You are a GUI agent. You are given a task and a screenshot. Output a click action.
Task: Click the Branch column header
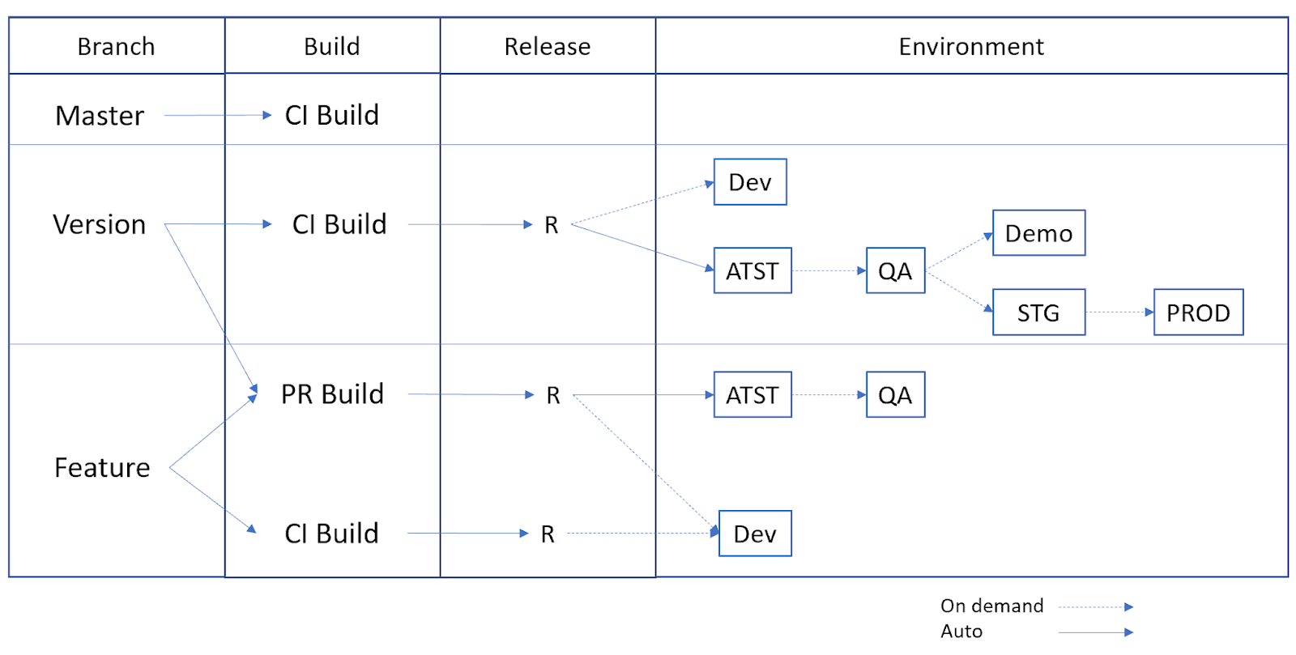click(x=116, y=47)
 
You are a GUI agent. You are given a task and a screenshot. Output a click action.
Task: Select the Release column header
click(x=547, y=47)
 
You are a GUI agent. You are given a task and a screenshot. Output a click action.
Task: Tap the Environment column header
click(x=970, y=47)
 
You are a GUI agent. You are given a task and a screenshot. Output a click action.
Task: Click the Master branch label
click(x=100, y=116)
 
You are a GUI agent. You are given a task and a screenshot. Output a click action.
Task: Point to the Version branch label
click(x=100, y=224)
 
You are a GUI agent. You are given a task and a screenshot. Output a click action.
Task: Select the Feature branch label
click(x=102, y=468)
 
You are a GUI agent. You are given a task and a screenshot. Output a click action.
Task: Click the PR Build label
click(x=332, y=394)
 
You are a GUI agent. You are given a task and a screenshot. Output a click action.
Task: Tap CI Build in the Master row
click(x=331, y=115)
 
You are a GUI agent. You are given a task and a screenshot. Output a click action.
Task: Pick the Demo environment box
click(x=1038, y=233)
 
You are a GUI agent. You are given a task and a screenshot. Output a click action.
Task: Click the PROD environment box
click(x=1197, y=313)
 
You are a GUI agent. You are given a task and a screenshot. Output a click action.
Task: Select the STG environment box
click(x=1038, y=313)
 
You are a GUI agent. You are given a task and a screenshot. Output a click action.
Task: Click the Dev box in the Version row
click(x=749, y=182)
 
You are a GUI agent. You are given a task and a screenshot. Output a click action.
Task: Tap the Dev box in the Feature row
click(x=754, y=534)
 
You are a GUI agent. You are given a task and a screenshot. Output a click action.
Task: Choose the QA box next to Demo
click(x=895, y=270)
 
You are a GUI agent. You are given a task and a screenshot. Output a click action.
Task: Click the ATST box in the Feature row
click(x=752, y=395)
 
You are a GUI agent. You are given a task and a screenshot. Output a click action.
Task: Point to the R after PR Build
click(x=553, y=395)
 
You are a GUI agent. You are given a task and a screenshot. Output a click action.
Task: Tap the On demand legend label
click(x=991, y=606)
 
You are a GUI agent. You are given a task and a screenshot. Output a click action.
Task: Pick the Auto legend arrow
click(x=1095, y=632)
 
